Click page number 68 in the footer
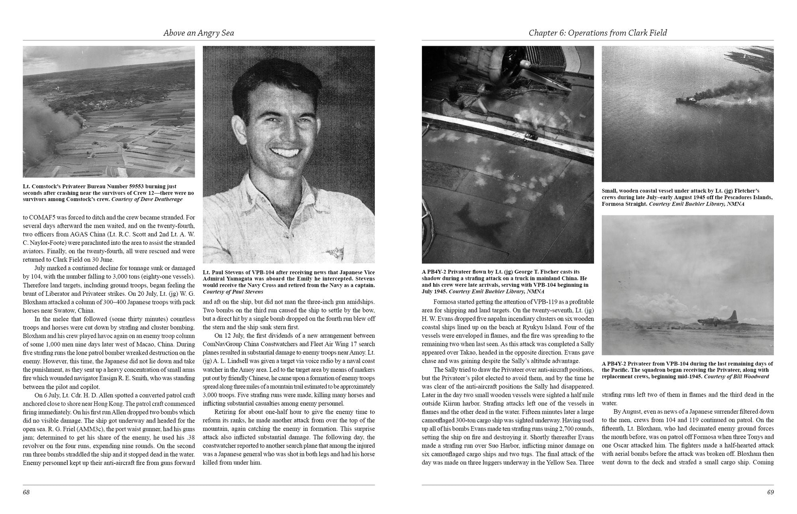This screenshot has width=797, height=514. pos(26,492)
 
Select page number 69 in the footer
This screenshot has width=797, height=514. pos(770,492)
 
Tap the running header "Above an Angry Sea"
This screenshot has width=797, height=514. pos(198,33)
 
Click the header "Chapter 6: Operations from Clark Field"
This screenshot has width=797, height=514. pos(597,33)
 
